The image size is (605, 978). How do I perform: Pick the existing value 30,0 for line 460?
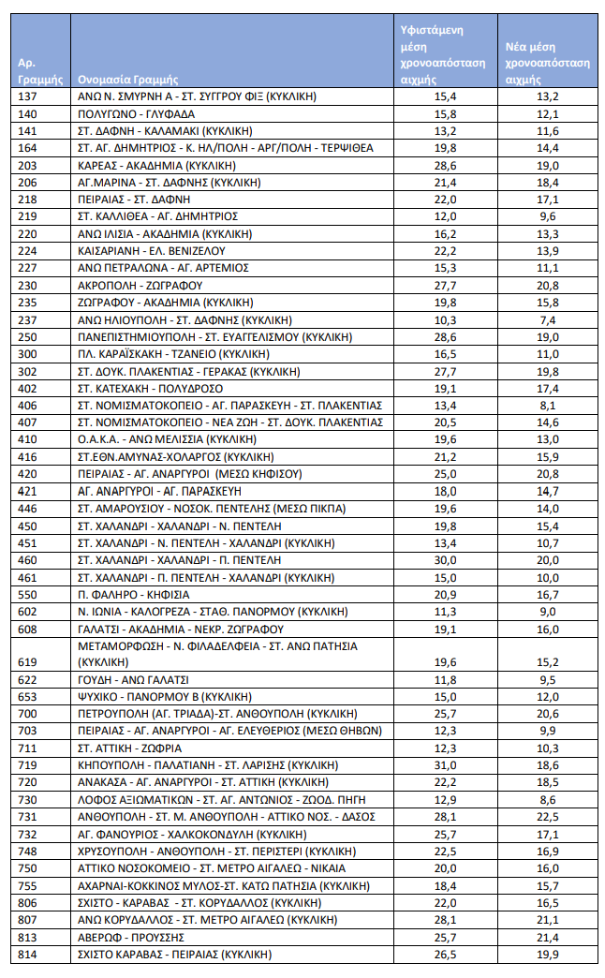pyautogui.click(x=445, y=559)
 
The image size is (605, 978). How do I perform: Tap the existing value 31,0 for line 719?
pyautogui.click(x=445, y=765)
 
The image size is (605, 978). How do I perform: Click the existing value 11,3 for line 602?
pyautogui.click(x=445, y=611)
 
